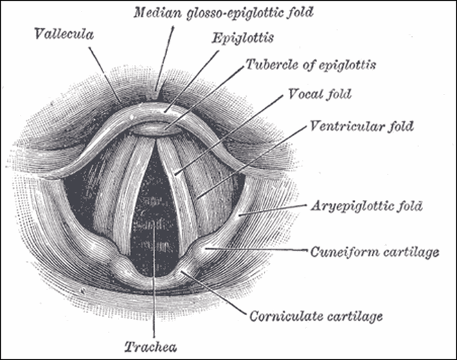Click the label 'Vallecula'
point(64,34)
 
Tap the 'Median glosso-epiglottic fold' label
point(224,13)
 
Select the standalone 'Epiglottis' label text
point(243,38)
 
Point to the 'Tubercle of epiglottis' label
point(311,64)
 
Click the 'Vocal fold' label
point(320,94)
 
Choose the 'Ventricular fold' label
point(361,126)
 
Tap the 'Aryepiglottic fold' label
point(367,206)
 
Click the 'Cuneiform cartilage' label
point(375,252)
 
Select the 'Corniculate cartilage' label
point(316,316)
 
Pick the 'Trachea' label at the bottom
point(151,347)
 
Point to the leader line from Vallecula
point(105,75)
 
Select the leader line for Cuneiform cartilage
point(256,249)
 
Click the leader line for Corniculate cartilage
point(213,293)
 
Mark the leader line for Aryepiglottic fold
point(273,210)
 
